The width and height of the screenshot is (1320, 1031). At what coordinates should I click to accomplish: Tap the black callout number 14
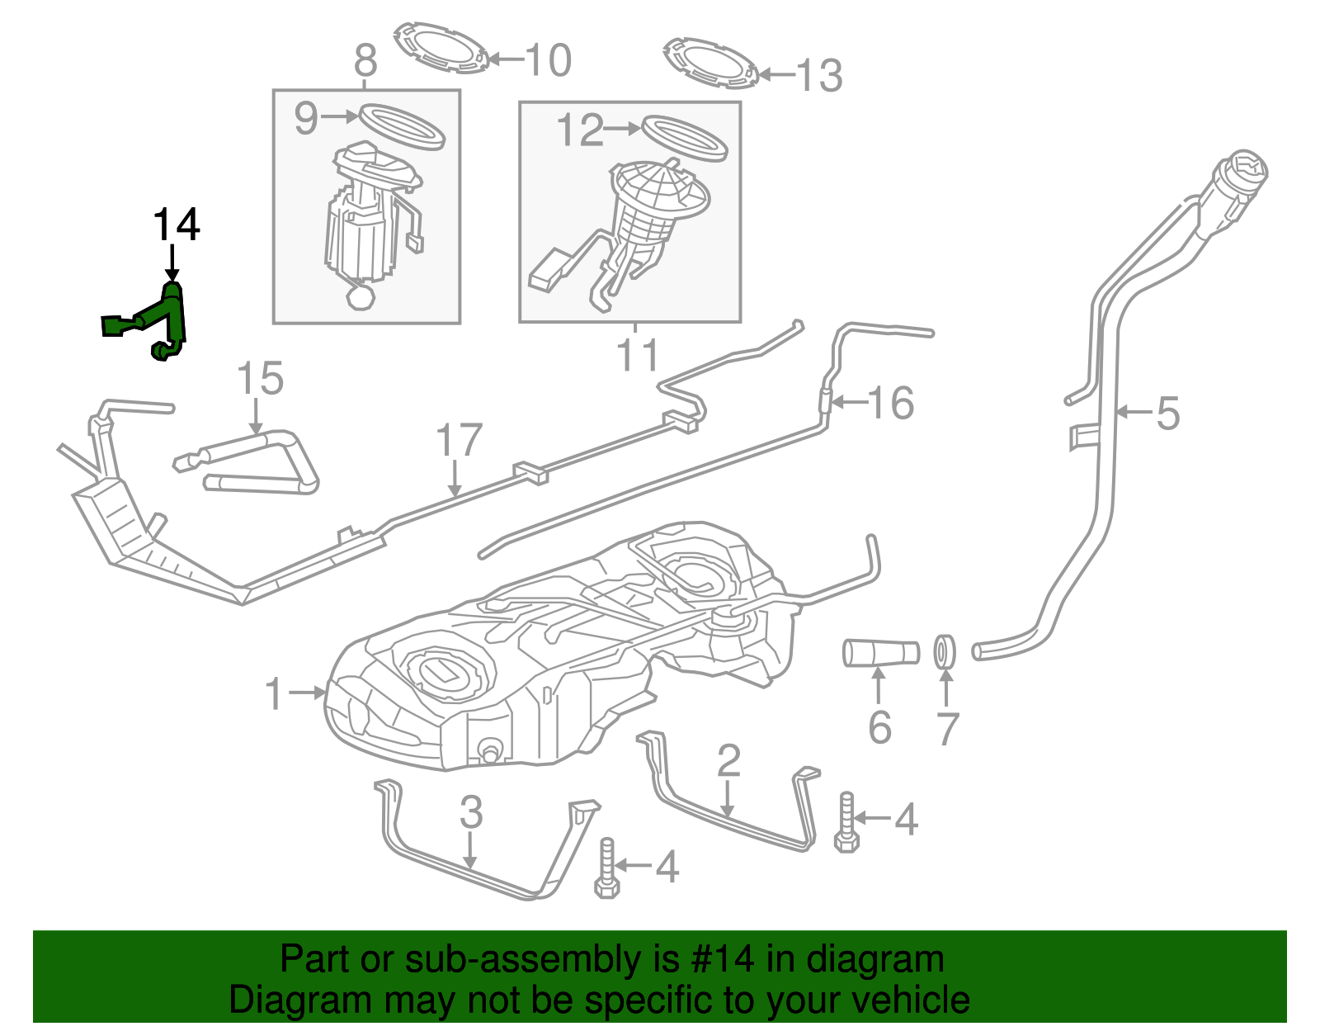pos(176,225)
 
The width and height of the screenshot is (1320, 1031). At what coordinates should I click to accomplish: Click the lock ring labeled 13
pos(709,62)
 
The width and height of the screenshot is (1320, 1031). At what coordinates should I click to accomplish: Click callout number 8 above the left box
pos(365,61)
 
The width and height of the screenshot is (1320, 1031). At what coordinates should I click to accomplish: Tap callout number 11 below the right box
pos(637,355)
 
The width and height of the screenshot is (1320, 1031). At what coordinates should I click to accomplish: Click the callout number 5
pos(1167,413)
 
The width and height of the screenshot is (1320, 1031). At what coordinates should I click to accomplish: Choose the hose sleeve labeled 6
pos(880,653)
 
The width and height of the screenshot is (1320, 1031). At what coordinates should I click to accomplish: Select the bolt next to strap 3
pos(606,868)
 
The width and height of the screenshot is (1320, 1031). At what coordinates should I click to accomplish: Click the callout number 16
pos(891,403)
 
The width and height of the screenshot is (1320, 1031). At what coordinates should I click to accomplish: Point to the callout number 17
pos(459,441)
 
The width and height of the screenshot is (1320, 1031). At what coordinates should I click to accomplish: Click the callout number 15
pos(260,379)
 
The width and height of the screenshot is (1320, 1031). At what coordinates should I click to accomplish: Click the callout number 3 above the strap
pos(470,812)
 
